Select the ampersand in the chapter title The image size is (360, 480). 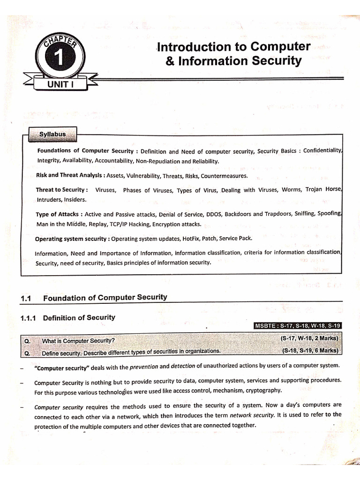pyautogui.click(x=169, y=61)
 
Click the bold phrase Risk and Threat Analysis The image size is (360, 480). pyautogui.click(x=70, y=176)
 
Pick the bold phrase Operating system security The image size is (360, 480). pyautogui.click(x=72, y=239)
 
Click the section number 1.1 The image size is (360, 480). pyautogui.click(x=26, y=298)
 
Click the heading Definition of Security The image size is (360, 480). pyautogui.click(x=79, y=318)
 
